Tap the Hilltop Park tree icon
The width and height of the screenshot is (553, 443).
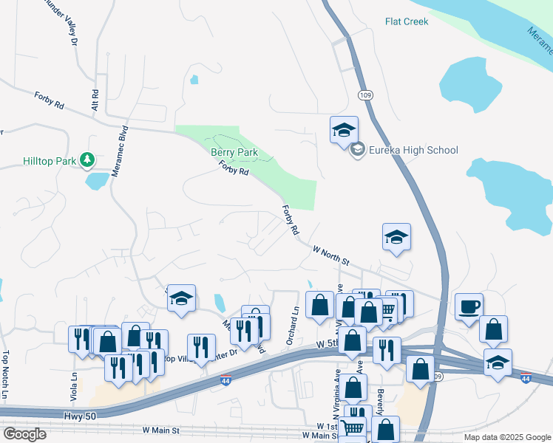(88, 159)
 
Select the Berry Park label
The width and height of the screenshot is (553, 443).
(234, 153)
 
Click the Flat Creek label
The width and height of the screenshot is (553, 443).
(407, 21)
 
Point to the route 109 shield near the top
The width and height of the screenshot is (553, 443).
(365, 95)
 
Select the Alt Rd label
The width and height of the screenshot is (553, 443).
(95, 101)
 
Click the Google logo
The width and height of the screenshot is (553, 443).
(24, 434)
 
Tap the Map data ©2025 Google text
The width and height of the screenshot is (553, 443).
(507, 437)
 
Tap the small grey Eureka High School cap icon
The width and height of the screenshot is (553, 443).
(358, 151)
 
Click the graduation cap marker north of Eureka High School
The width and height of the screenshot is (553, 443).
(344, 130)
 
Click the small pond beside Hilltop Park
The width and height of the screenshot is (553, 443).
(97, 181)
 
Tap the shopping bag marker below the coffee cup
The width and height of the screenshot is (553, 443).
(493, 329)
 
